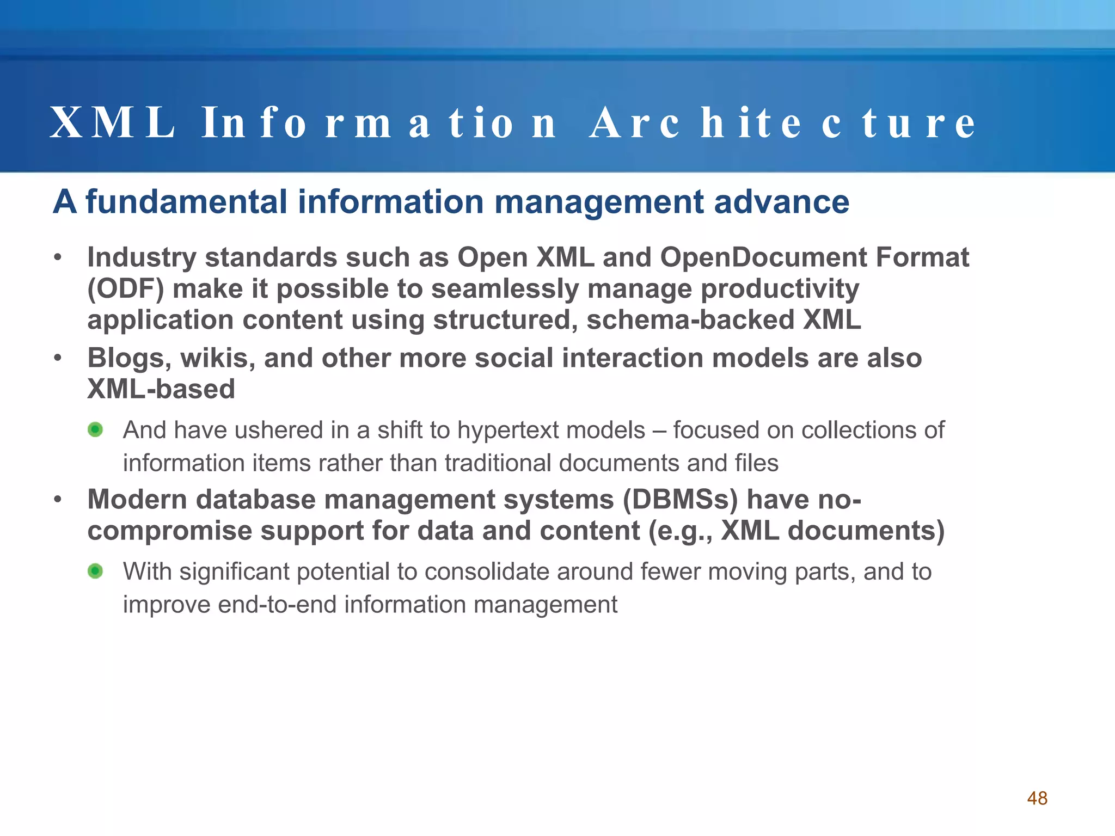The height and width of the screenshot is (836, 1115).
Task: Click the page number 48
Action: (1037, 798)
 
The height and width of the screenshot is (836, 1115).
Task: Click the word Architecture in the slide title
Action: (782, 123)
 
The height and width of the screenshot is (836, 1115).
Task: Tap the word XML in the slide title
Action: (112, 123)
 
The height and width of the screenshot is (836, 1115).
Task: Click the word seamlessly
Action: (505, 289)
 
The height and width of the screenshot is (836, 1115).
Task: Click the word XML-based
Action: (161, 389)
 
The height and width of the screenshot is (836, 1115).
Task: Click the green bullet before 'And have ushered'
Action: (95, 430)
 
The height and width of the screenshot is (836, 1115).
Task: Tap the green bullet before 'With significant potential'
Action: (95, 571)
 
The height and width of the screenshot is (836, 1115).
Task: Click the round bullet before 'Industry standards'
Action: (58, 257)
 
